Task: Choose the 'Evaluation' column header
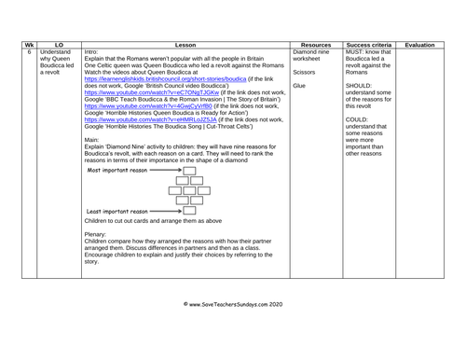[x=419, y=44]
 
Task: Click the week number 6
[x=28, y=52]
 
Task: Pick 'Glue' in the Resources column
[x=299, y=86]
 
